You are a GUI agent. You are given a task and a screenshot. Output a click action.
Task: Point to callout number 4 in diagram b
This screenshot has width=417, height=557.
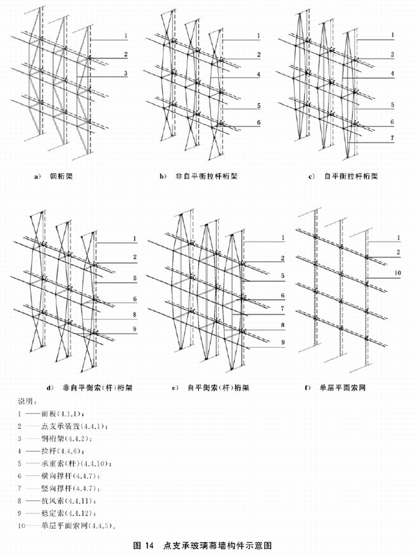pyautogui.click(x=258, y=75)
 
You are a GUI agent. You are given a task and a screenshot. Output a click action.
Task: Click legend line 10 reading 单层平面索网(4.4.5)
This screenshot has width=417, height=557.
pyautogui.click(x=67, y=524)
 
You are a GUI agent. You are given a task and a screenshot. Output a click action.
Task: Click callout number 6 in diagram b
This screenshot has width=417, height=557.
pyautogui.click(x=258, y=122)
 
